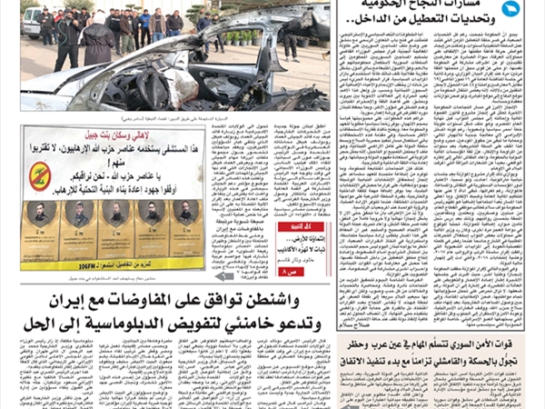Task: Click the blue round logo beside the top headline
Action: tap(510, 9)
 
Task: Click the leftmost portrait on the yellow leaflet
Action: tap(39, 214)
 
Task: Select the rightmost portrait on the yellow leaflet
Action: tap(187, 214)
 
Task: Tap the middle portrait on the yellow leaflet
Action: tap(114, 214)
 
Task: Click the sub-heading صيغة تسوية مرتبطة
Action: tap(239, 219)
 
